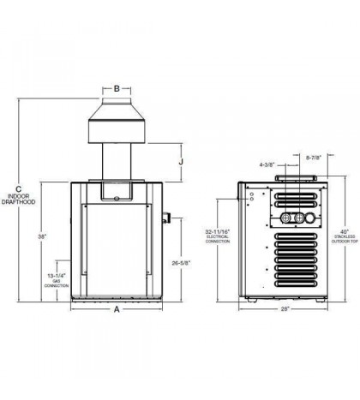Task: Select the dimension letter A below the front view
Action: point(117,311)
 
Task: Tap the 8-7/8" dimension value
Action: point(315,158)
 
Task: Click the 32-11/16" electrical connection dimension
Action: point(219,233)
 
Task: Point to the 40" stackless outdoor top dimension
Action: point(345,231)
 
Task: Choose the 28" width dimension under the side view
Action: point(285,309)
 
